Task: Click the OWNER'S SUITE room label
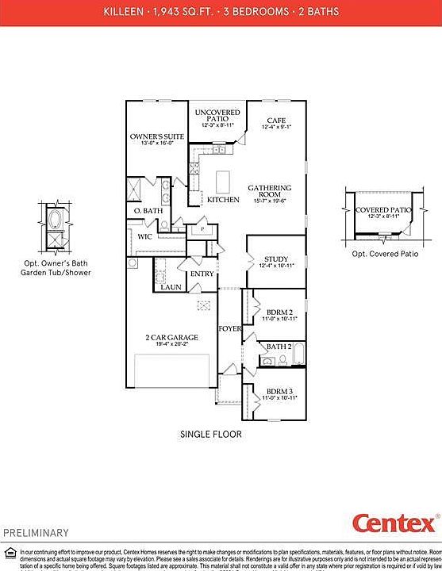tap(157, 136)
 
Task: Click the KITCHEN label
tap(223, 200)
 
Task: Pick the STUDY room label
tap(277, 259)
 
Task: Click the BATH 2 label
tap(279, 347)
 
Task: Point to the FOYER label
tap(229, 327)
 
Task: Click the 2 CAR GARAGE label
tap(171, 337)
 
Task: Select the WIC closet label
tap(144, 236)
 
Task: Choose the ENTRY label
tap(202, 274)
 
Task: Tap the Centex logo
tap(394, 523)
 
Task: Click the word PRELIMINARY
tap(36, 532)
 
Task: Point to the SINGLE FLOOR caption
tap(210, 434)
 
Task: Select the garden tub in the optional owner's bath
tap(56, 218)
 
